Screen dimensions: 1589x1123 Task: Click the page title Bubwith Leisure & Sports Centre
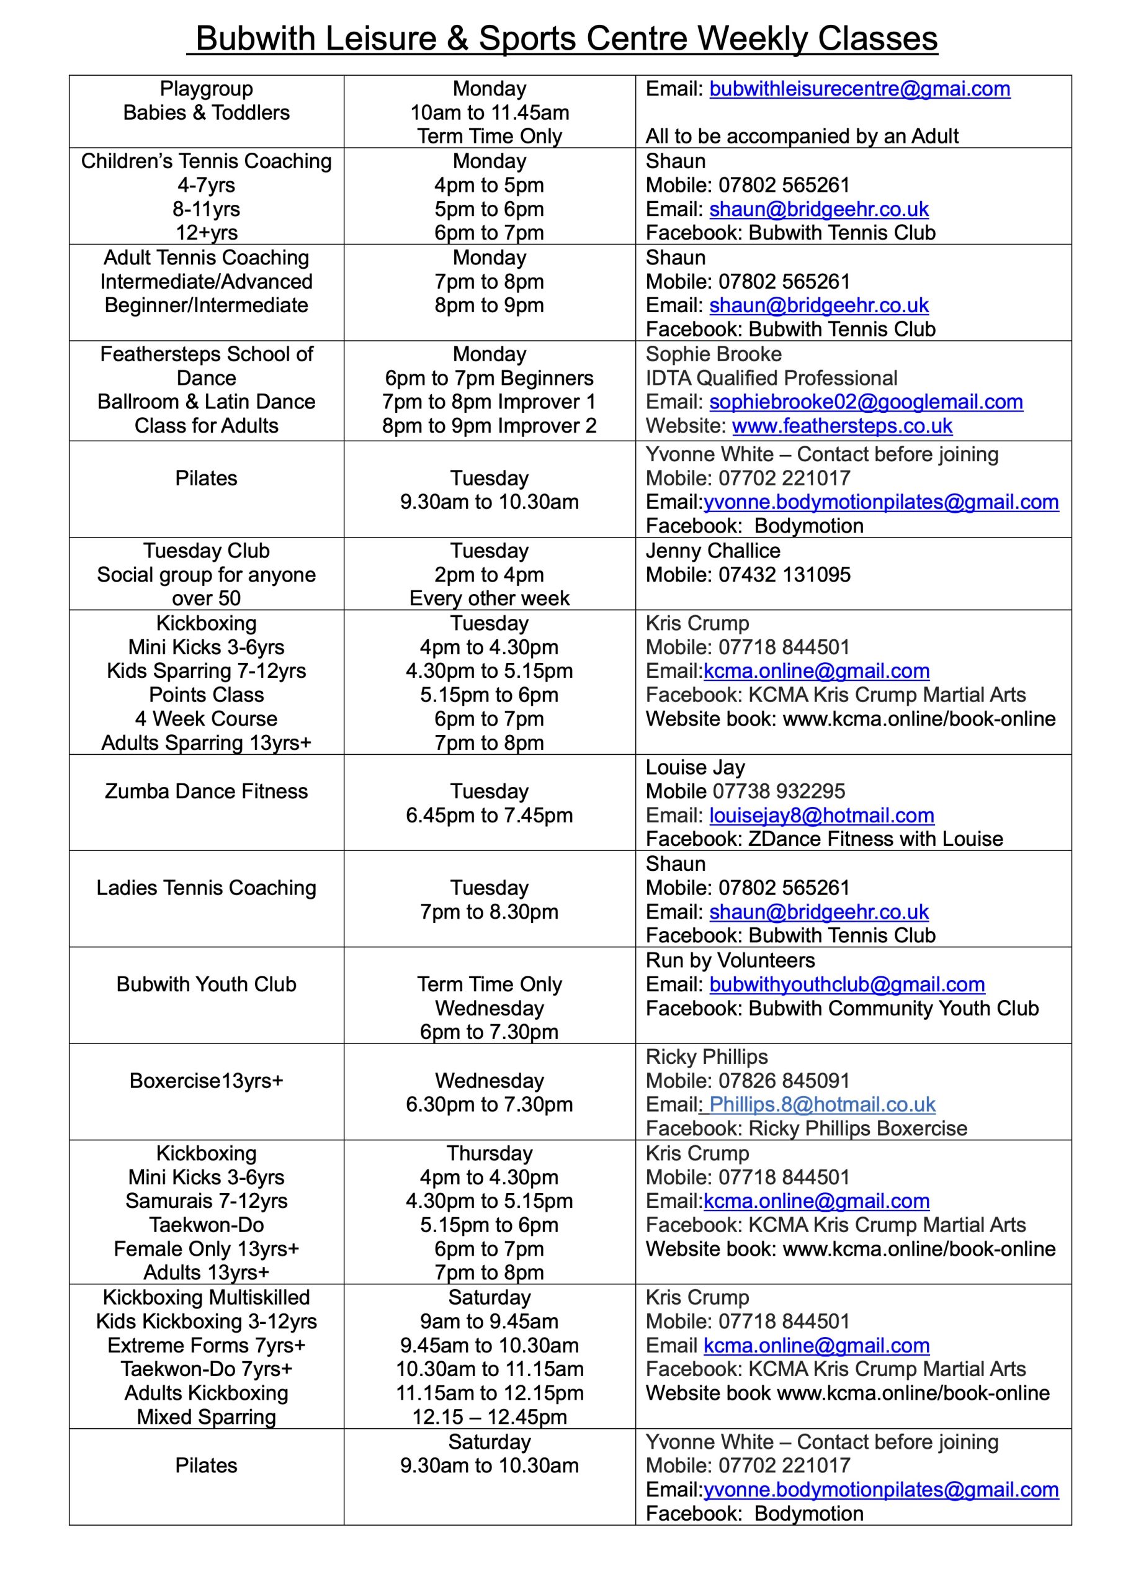pos(566,38)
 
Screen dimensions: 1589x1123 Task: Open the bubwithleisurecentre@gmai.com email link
pos(859,89)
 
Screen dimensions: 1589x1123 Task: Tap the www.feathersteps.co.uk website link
pos(841,426)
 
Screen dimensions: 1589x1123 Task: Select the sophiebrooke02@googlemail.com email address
pos(866,402)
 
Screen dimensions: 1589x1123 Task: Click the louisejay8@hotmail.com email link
pos(821,815)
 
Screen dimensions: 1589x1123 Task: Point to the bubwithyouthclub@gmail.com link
pos(846,984)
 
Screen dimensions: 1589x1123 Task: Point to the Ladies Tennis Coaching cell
pos(206,888)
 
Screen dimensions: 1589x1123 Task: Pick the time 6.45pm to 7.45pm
pos(489,815)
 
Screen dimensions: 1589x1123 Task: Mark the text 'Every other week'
pos(489,598)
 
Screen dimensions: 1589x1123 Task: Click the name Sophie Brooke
pos(714,354)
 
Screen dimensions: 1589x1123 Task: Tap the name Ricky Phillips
pos(707,1057)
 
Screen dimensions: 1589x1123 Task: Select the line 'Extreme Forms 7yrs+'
pos(206,1346)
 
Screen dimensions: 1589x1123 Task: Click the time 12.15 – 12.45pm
pos(489,1417)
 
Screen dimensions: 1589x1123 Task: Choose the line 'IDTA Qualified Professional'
pos(771,378)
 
